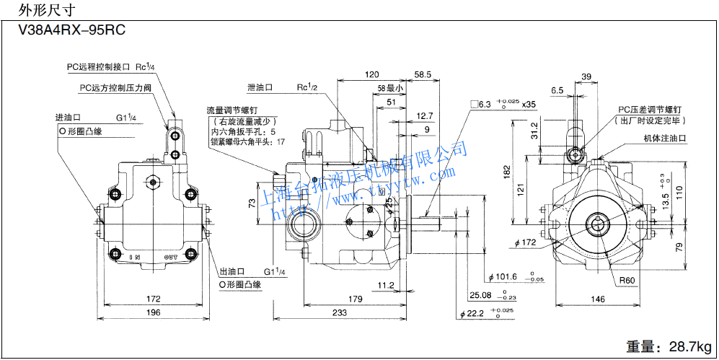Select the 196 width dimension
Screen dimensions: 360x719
click(153, 312)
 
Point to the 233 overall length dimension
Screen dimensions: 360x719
click(340, 312)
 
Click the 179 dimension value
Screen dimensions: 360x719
click(353, 299)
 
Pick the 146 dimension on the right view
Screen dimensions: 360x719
click(598, 299)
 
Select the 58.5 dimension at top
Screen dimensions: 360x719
click(423, 74)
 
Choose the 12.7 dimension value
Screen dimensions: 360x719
click(425, 115)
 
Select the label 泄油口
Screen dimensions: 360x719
click(260, 87)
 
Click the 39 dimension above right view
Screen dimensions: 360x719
click(586, 76)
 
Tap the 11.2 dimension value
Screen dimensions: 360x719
click(386, 285)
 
